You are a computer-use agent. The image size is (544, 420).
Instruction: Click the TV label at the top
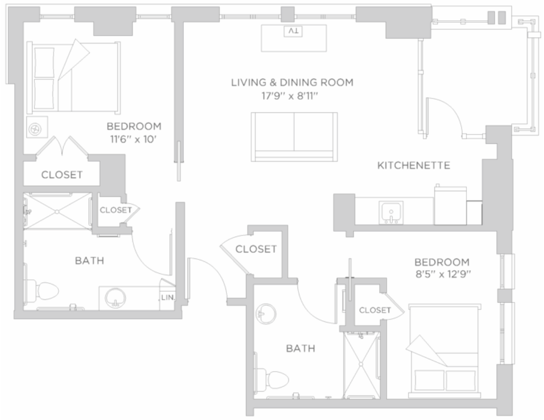[x=293, y=31]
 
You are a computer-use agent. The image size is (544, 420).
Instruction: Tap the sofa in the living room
[x=294, y=136]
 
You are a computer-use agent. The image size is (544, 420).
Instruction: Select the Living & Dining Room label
[x=292, y=83]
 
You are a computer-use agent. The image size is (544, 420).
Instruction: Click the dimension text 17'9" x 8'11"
[x=290, y=96]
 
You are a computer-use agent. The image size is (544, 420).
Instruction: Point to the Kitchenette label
[x=414, y=165]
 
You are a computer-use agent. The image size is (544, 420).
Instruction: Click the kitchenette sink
[x=391, y=213]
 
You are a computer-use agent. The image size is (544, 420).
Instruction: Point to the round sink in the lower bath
[x=266, y=314]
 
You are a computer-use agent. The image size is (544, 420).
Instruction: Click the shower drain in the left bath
[x=58, y=211]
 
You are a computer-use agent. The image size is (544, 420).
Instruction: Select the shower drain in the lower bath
[x=361, y=364]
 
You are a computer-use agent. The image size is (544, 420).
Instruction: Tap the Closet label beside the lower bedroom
[x=375, y=310]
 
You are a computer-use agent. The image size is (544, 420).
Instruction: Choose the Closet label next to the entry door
[x=256, y=249]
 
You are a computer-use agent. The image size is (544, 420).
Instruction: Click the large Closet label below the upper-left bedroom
[x=62, y=174]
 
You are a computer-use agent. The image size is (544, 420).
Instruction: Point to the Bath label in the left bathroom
[x=90, y=260]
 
